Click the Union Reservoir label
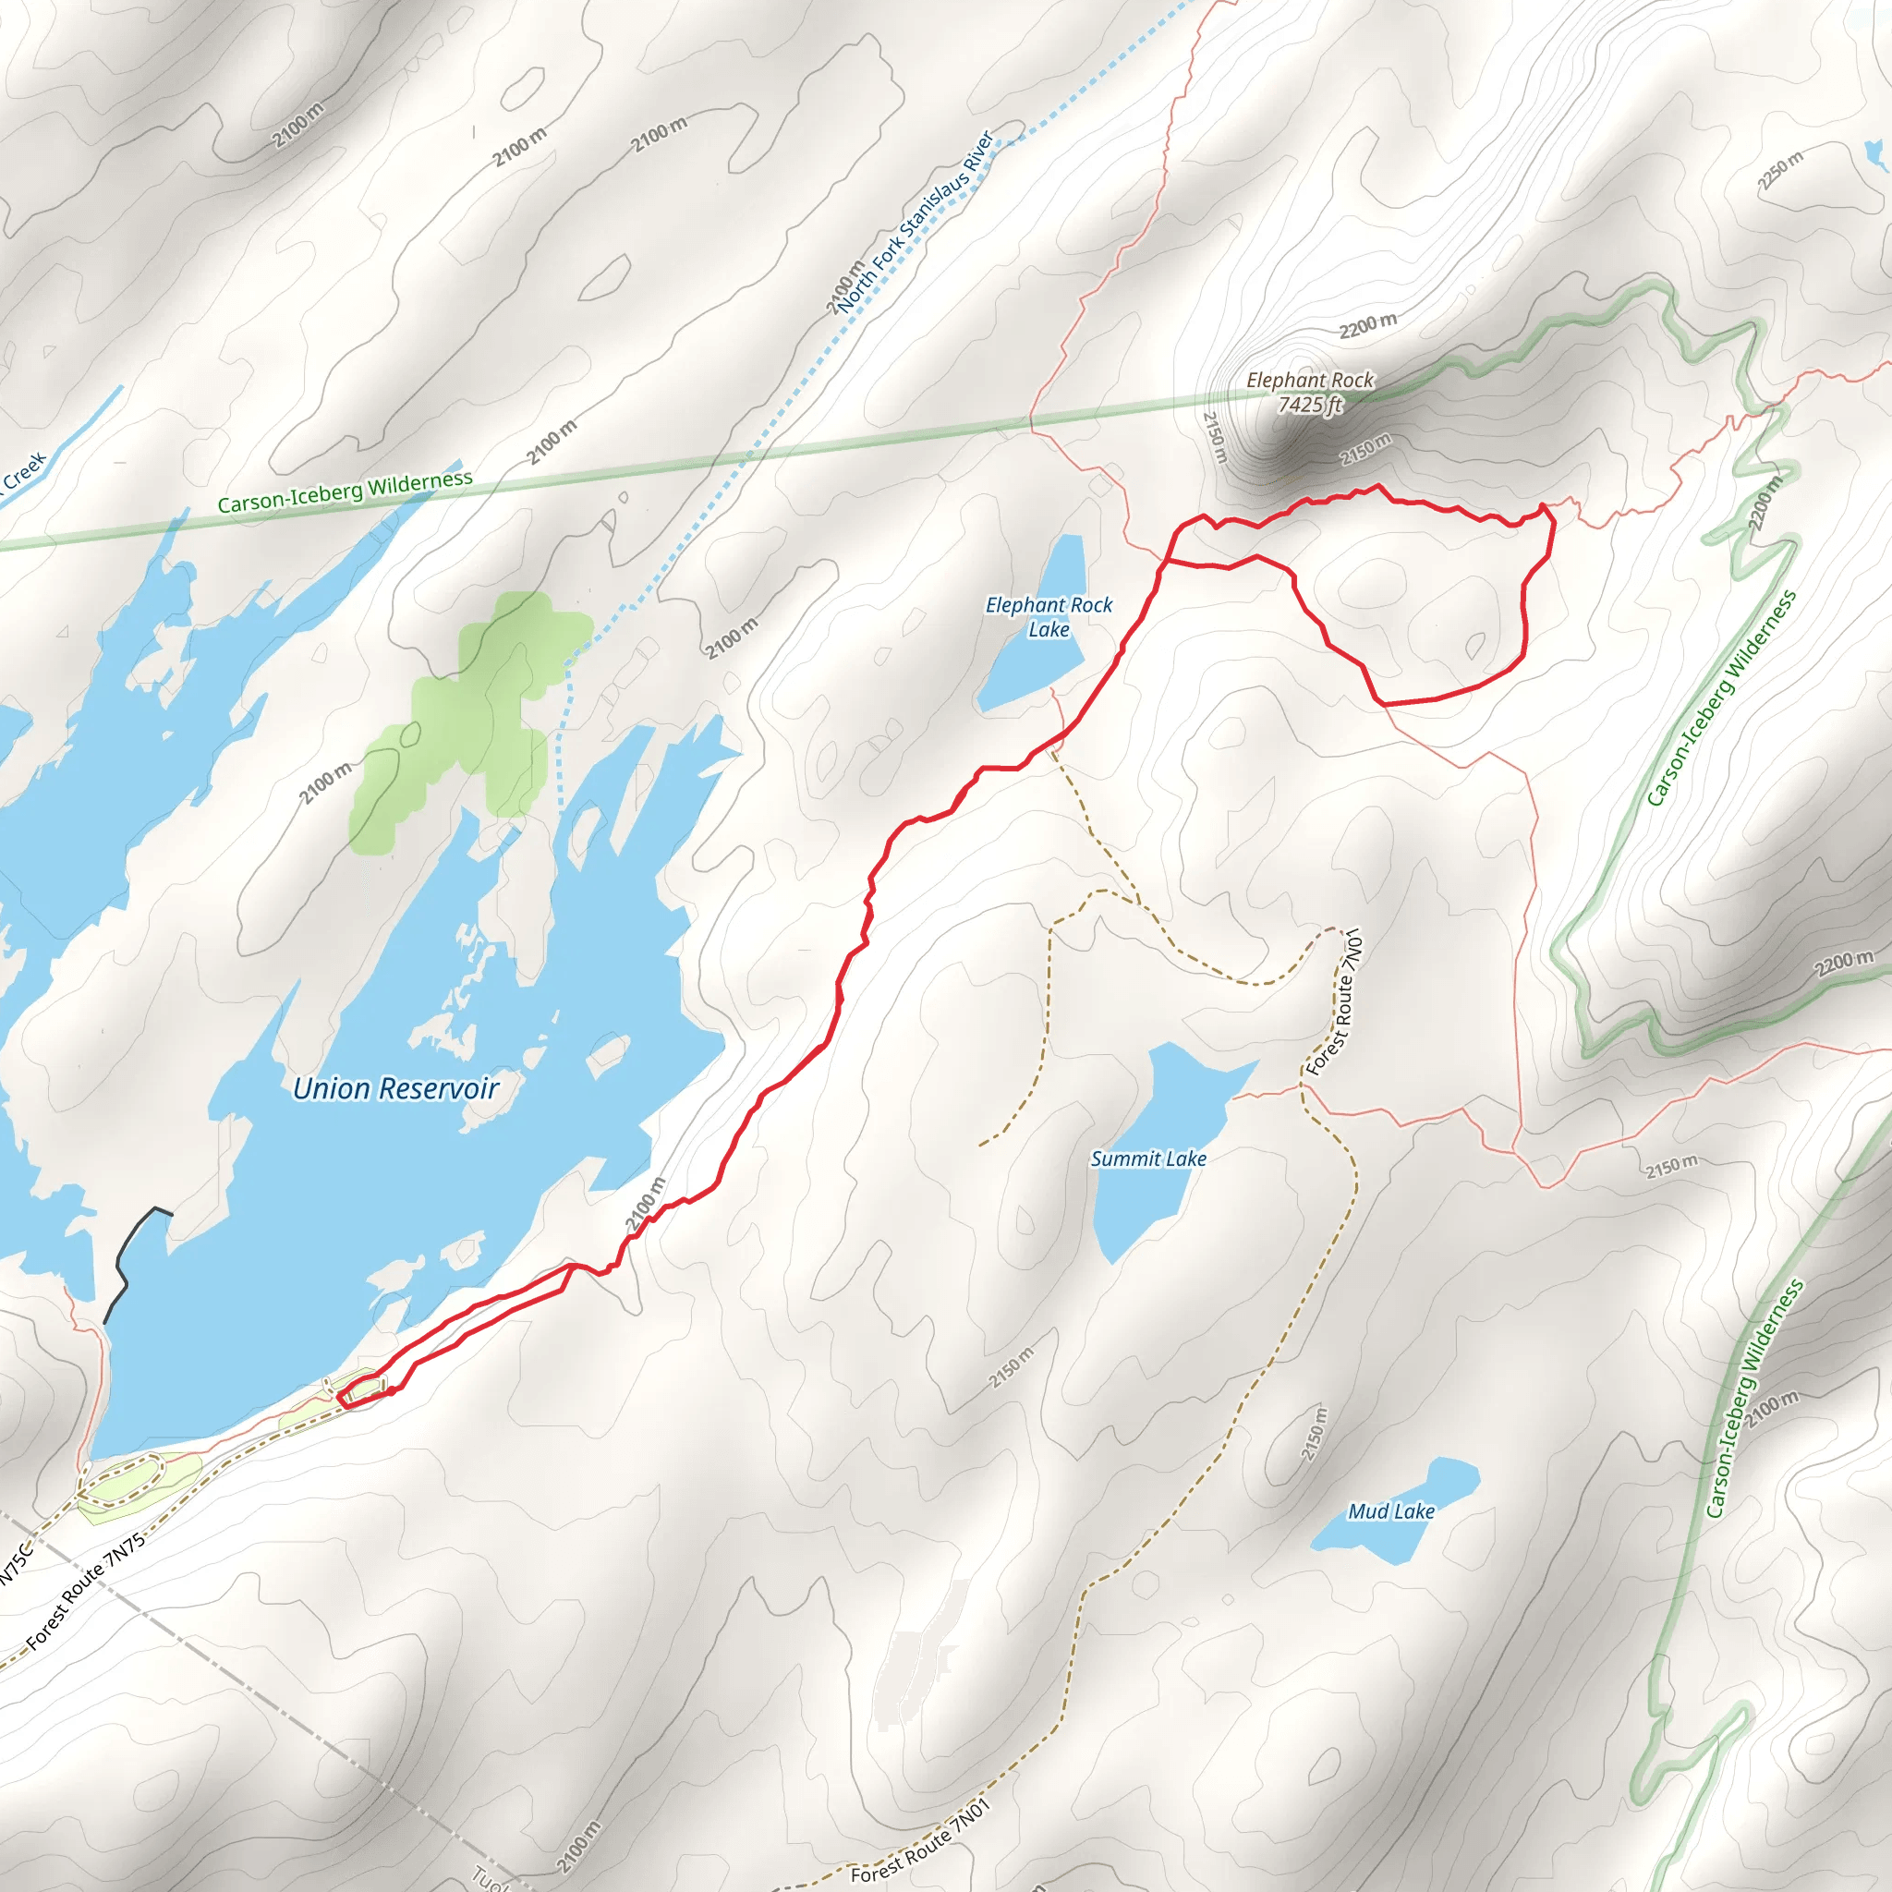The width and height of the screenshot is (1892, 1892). coord(395,1089)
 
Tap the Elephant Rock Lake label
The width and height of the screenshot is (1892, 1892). coord(1048,617)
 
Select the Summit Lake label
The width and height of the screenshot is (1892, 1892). coord(1147,1159)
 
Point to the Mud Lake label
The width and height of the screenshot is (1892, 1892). coord(1390,1512)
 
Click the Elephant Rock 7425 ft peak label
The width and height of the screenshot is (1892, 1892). coord(1309,392)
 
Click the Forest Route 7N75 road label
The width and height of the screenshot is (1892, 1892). coord(86,1592)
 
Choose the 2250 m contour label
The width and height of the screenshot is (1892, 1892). coord(1779,170)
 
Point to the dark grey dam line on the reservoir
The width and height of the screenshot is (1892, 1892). coord(127,1263)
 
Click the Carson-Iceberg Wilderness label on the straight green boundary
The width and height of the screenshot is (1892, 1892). coord(345,491)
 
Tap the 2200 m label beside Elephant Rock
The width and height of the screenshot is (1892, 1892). coord(1368,326)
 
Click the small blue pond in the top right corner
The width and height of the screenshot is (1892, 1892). coord(1874,154)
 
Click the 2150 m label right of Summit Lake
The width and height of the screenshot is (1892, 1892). coord(1670,1168)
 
